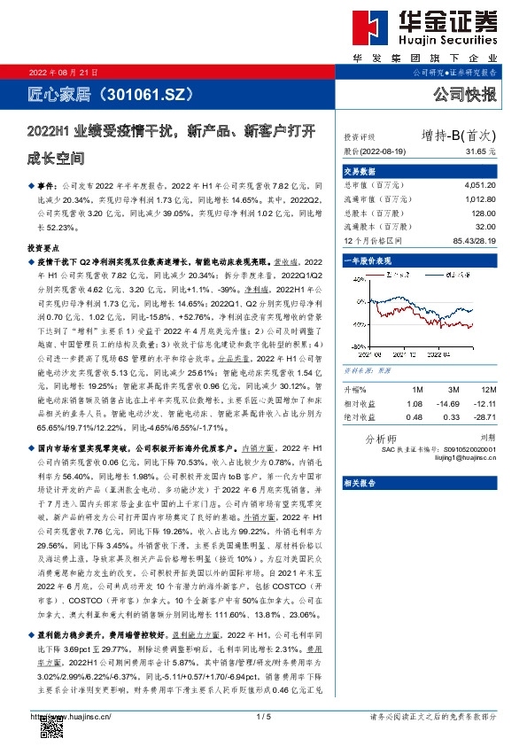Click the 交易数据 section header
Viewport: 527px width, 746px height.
[x=360, y=171]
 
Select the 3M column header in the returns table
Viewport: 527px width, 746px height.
[x=453, y=390]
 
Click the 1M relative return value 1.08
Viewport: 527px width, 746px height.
[x=415, y=403]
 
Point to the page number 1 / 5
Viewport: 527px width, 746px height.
[x=262, y=716]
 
